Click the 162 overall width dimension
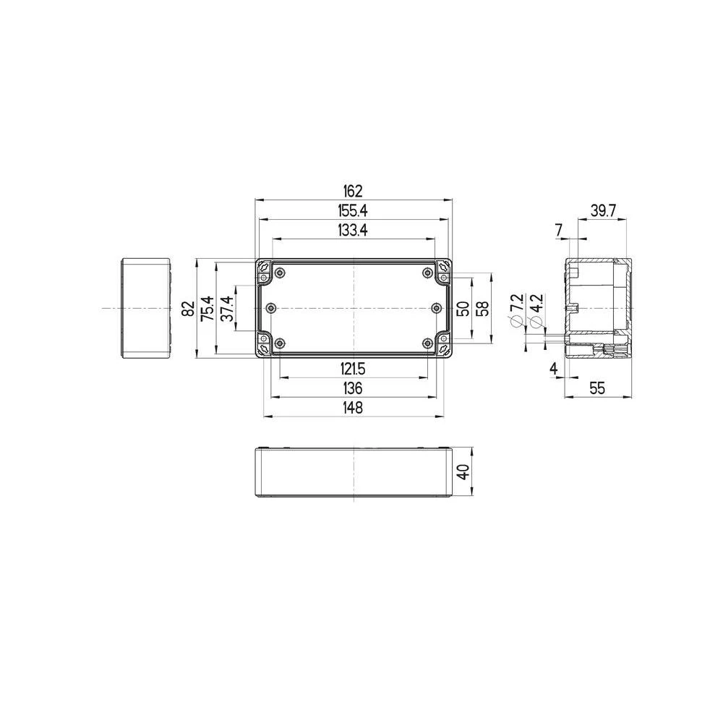(x=353, y=192)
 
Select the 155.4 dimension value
(x=353, y=210)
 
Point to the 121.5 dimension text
(x=353, y=369)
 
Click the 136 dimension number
(x=353, y=388)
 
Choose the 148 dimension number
(x=353, y=408)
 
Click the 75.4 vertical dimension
(x=207, y=309)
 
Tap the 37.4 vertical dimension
(x=227, y=309)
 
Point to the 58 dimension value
(x=483, y=309)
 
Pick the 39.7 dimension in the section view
(x=602, y=210)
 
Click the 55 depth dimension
(x=596, y=388)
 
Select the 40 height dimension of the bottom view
(x=463, y=472)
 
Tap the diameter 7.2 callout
(x=516, y=311)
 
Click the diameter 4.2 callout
(x=536, y=311)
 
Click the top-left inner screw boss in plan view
(x=281, y=273)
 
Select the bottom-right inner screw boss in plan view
(x=427, y=343)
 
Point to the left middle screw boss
(x=271, y=308)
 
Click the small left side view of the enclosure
(x=145, y=308)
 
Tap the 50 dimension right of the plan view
(x=463, y=309)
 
